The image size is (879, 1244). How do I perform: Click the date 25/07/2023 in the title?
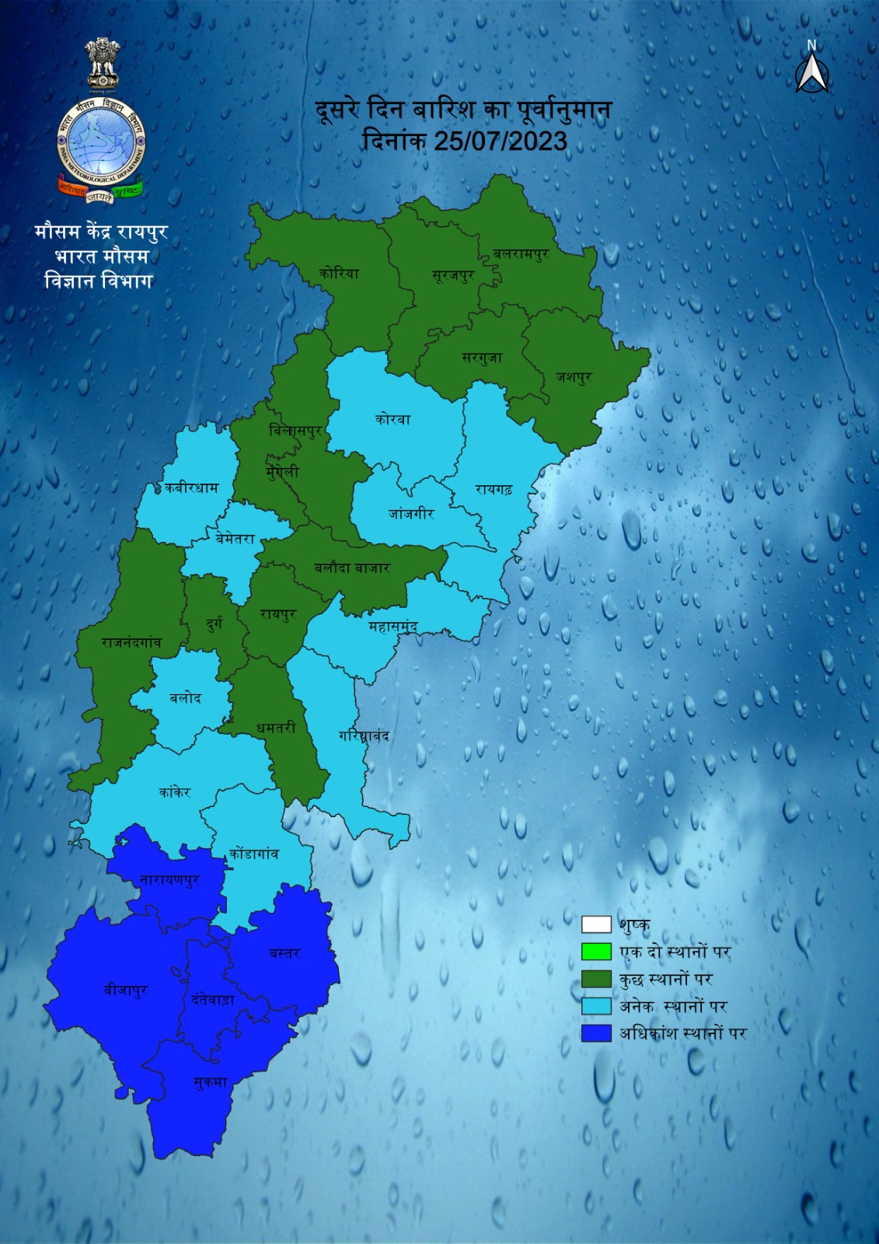point(500,142)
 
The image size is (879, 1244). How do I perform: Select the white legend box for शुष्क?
point(596,924)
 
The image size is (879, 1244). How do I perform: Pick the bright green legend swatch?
point(596,952)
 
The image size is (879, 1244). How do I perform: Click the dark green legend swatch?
point(596,979)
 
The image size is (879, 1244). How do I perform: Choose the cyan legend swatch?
point(596,1006)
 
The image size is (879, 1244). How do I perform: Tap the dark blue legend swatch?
point(596,1033)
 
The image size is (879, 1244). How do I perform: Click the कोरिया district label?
point(339,274)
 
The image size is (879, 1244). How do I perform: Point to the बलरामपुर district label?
point(521,254)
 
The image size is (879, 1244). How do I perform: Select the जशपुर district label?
point(574,377)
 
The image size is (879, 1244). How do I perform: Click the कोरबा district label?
point(392,419)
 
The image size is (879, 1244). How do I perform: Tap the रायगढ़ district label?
point(494,490)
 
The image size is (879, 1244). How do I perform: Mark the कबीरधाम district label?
point(191,488)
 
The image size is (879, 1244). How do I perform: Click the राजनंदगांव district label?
point(131,643)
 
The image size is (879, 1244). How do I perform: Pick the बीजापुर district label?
point(126,991)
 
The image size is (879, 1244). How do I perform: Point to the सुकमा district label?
point(210,1082)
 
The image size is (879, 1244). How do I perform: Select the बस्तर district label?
point(284,953)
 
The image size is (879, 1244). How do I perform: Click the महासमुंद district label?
point(393,627)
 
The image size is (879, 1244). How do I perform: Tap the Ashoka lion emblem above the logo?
point(102,64)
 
